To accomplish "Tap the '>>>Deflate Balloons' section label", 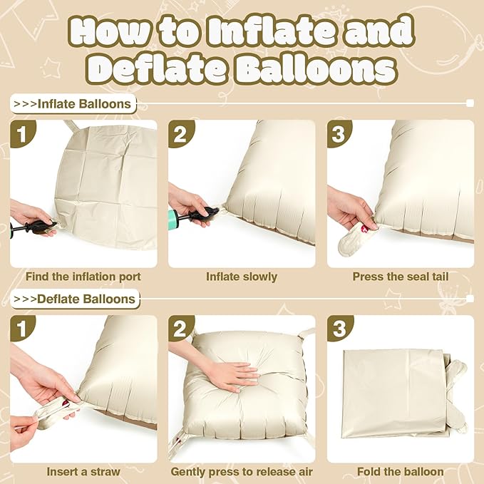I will (76, 299).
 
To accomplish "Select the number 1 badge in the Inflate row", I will (23, 133).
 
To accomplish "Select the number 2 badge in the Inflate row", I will (181, 133).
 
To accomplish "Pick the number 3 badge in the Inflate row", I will (340, 133).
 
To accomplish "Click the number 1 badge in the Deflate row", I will (23, 329).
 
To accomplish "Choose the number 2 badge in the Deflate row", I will (181, 329).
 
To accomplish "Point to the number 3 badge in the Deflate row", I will (340, 329).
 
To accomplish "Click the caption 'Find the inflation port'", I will (83, 277).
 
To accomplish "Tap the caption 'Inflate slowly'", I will (242, 277).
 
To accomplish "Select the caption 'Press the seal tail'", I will (400, 277).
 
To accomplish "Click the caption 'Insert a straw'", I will (83, 471).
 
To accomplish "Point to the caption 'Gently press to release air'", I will (242, 471).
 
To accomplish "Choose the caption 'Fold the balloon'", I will (400, 471).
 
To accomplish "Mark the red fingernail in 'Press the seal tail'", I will (364, 229).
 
